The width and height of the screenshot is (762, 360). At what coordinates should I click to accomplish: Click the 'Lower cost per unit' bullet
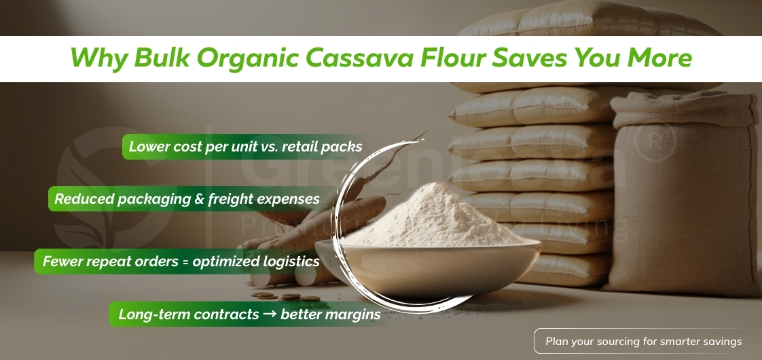[x=245, y=146]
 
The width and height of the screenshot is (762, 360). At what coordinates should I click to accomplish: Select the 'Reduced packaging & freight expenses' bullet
[x=187, y=199]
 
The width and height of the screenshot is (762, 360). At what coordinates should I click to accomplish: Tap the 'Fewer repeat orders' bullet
[x=181, y=261]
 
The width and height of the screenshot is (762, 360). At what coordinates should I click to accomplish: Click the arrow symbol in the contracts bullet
[x=270, y=314]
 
